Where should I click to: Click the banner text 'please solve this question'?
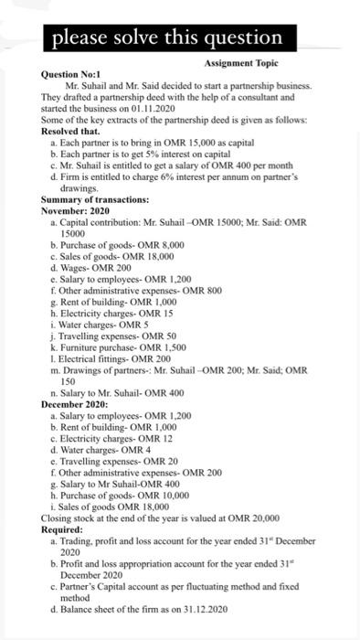pyautogui.click(x=166, y=37)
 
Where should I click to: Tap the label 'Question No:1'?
pyautogui.click(x=71, y=73)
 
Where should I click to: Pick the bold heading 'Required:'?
pyautogui.click(x=65, y=528)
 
